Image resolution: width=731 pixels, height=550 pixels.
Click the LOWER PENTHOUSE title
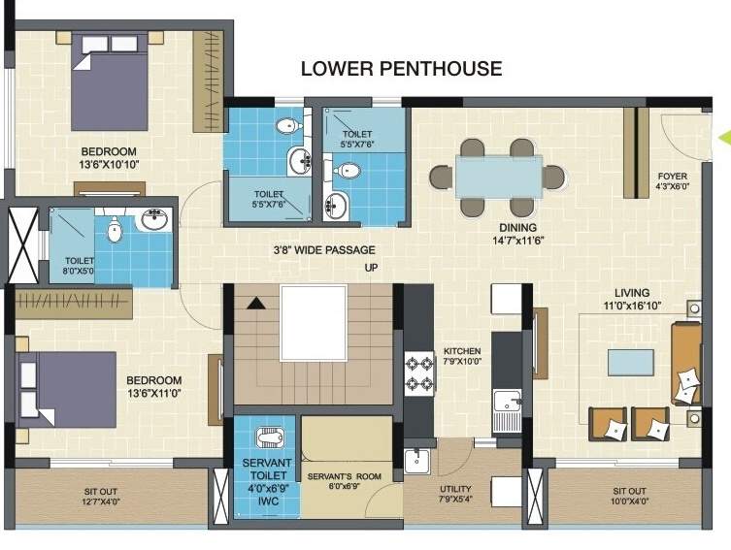coord(401,69)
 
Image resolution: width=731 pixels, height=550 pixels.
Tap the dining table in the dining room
coord(499,176)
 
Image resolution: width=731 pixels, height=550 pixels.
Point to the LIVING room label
coord(631,293)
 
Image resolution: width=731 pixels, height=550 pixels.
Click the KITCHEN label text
coord(463,351)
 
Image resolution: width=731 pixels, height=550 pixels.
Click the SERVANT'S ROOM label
coord(346,477)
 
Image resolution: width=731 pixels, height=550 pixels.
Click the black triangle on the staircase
coord(254,304)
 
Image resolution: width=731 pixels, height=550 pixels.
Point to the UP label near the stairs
coord(370,267)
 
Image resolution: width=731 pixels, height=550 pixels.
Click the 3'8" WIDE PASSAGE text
coord(323,249)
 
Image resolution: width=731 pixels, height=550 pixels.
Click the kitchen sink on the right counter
coord(506,405)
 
